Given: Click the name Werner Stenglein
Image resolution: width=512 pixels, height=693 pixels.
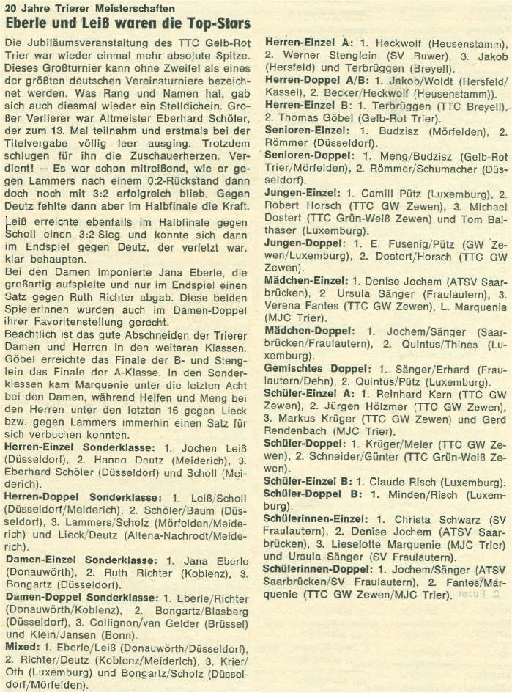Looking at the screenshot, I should click(322, 55).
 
